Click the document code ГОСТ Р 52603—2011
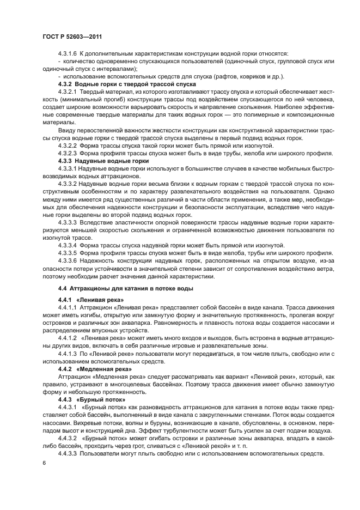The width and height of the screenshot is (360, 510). coord(72,35)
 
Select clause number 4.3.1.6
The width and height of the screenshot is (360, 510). coord(68,54)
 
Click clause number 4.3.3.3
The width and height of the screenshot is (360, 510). coord(68,223)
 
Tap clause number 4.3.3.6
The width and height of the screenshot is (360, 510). coord(68,261)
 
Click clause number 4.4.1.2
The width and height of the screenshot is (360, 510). coord(68,338)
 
